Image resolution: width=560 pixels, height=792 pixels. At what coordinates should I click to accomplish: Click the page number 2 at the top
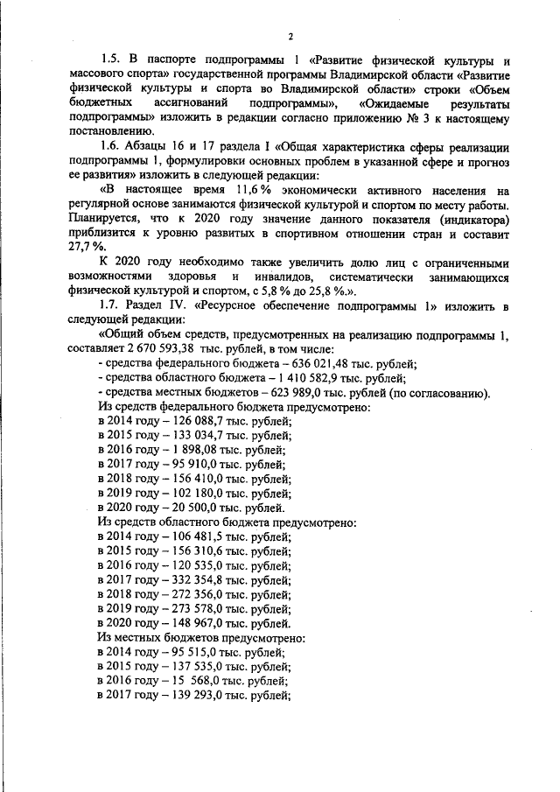[x=290, y=36]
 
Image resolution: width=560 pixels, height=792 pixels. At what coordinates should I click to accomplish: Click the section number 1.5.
[x=111, y=60]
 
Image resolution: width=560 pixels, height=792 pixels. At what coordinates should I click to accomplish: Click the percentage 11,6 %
[x=255, y=189]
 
